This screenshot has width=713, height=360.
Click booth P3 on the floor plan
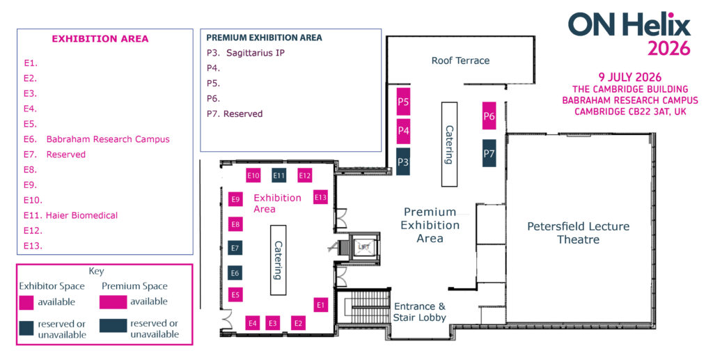click(403, 162)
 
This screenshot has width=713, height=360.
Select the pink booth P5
click(403, 102)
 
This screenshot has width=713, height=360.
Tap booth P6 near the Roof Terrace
click(489, 116)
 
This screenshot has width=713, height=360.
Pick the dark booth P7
click(489, 153)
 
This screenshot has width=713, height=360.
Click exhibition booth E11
click(279, 175)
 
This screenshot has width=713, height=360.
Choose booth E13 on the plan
click(320, 197)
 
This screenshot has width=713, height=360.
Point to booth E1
click(320, 304)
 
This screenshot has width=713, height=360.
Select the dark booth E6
click(235, 273)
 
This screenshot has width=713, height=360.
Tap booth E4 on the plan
click(253, 322)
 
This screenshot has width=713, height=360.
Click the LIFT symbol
click(362, 246)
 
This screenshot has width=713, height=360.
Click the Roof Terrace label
click(460, 61)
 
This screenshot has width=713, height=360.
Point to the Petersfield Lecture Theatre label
click(578, 233)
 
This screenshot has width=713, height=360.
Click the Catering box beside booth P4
click(449, 143)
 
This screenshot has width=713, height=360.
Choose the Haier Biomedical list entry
click(81, 215)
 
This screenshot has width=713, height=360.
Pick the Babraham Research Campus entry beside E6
click(108, 139)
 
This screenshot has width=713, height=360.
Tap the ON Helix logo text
click(629, 25)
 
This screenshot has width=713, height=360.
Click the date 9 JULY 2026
click(630, 77)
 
